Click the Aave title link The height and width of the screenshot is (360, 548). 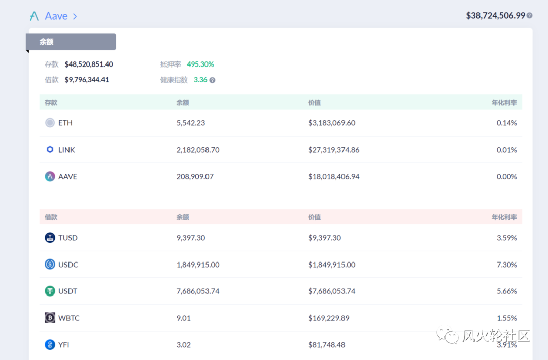point(56,16)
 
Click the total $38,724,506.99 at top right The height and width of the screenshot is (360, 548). point(495,16)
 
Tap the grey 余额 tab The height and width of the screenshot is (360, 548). point(71,42)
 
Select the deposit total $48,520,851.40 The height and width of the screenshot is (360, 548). point(89,64)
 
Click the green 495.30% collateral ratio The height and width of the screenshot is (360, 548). point(200,64)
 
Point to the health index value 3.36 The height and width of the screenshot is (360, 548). point(200,80)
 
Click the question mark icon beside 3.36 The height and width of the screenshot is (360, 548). point(212,80)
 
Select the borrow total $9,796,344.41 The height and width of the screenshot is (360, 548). point(87,80)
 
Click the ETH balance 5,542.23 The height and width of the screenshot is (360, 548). point(190,123)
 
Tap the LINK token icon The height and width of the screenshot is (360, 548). point(50,150)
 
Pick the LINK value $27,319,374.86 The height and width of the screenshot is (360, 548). point(333,150)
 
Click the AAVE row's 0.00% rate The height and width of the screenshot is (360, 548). point(506,177)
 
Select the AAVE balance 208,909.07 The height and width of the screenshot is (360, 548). point(195,177)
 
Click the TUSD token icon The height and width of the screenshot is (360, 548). point(50,238)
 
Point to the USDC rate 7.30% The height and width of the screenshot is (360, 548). point(506,265)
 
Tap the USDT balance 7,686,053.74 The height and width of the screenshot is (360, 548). point(198,291)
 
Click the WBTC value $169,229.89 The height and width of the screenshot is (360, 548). point(328,318)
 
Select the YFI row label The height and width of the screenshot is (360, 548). point(63,345)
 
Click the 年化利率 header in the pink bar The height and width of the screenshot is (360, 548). point(504,217)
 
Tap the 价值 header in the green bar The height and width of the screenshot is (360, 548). point(314,103)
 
